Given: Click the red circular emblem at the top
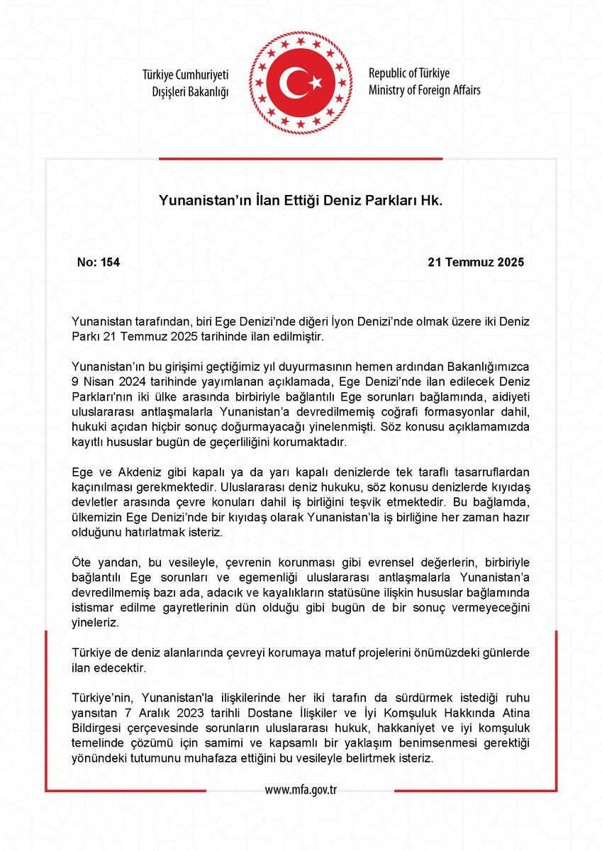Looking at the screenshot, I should coord(300,84).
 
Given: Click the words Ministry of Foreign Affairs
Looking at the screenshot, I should coord(424,90).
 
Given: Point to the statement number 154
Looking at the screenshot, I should coord(110,262).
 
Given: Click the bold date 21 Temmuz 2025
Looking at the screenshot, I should coord(476,262).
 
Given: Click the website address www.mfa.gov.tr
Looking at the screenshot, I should coord(301,790).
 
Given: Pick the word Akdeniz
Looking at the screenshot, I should coord(138,472).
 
